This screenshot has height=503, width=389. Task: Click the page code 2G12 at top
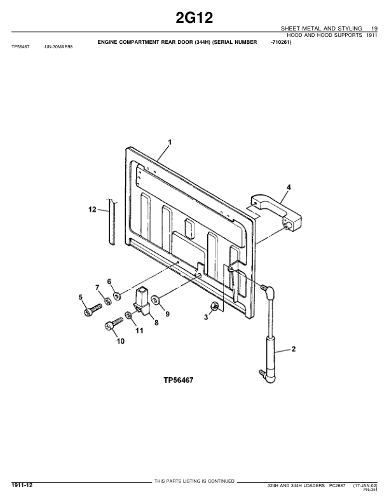point(194,18)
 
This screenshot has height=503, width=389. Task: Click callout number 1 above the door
point(170,142)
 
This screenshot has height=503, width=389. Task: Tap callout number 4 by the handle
point(289,187)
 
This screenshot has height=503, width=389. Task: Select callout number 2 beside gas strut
point(294,349)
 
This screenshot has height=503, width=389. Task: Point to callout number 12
point(92,210)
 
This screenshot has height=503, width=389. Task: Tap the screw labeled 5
point(93,309)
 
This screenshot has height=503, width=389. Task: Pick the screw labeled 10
point(114,323)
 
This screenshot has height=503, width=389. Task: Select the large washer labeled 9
point(156,300)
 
